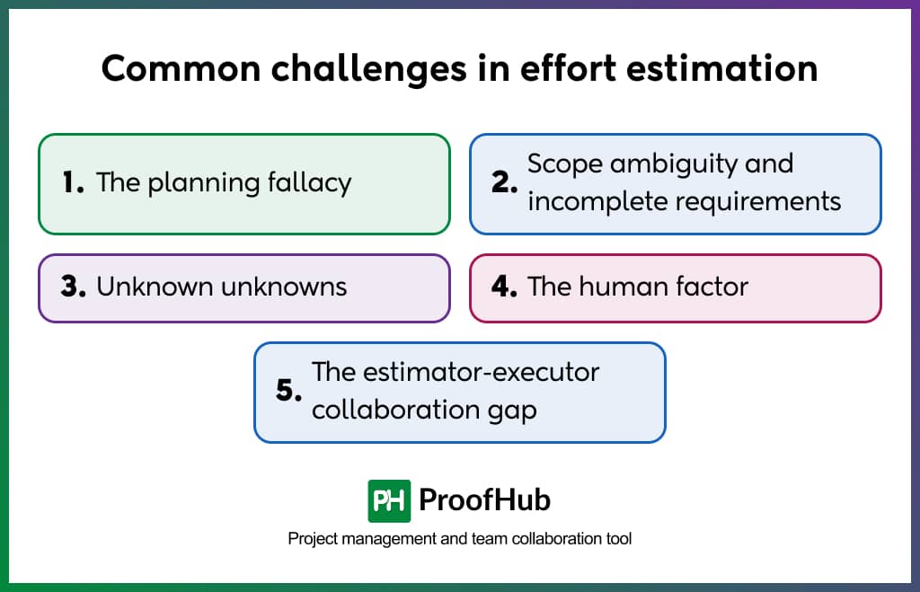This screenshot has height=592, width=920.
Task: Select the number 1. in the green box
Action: pos(73,183)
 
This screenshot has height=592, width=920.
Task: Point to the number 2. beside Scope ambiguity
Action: pos(505,183)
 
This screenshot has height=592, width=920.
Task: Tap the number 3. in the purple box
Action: pos(73,287)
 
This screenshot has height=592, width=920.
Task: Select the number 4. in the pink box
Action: pos(505,287)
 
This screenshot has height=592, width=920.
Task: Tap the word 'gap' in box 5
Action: pos(514,411)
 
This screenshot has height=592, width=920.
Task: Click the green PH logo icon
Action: pos(389,500)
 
